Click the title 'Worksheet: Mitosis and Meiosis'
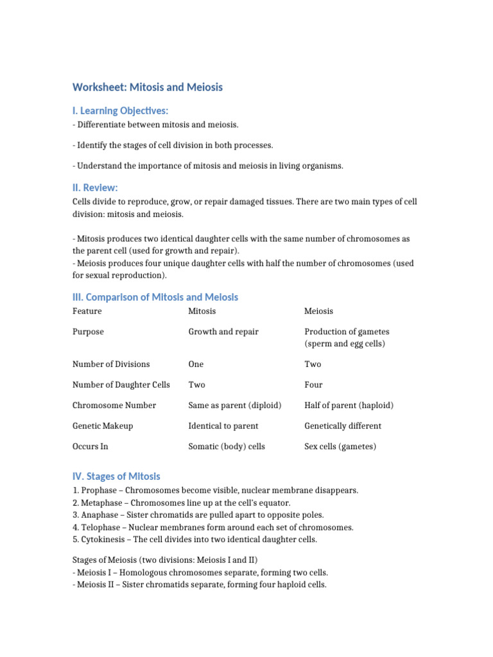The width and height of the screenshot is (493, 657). click(148, 87)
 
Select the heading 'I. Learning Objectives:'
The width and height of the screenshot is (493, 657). click(121, 111)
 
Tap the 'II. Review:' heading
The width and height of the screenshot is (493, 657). click(95, 187)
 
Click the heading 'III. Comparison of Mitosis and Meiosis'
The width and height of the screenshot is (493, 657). click(155, 297)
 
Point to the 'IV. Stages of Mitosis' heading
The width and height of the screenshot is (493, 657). click(116, 476)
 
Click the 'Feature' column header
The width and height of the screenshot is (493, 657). click(87, 311)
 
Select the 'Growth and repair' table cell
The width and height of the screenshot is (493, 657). click(223, 332)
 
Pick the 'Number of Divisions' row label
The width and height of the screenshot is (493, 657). click(111, 364)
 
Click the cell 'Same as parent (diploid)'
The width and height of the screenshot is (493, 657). click(235, 405)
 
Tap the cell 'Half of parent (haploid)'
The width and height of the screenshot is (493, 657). click(349, 405)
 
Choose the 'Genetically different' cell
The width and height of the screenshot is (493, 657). click(343, 426)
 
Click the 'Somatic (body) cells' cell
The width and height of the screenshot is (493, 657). click(227, 447)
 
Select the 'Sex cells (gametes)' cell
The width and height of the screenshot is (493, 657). click(340, 447)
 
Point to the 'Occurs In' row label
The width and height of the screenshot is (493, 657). click(91, 447)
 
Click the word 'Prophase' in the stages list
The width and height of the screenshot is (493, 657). click(98, 490)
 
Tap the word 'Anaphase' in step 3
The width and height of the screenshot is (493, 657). click(99, 515)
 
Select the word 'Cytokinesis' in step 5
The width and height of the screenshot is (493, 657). click(103, 540)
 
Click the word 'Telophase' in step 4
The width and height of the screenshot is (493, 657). click(99, 527)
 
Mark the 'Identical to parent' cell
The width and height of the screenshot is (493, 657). click(223, 426)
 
